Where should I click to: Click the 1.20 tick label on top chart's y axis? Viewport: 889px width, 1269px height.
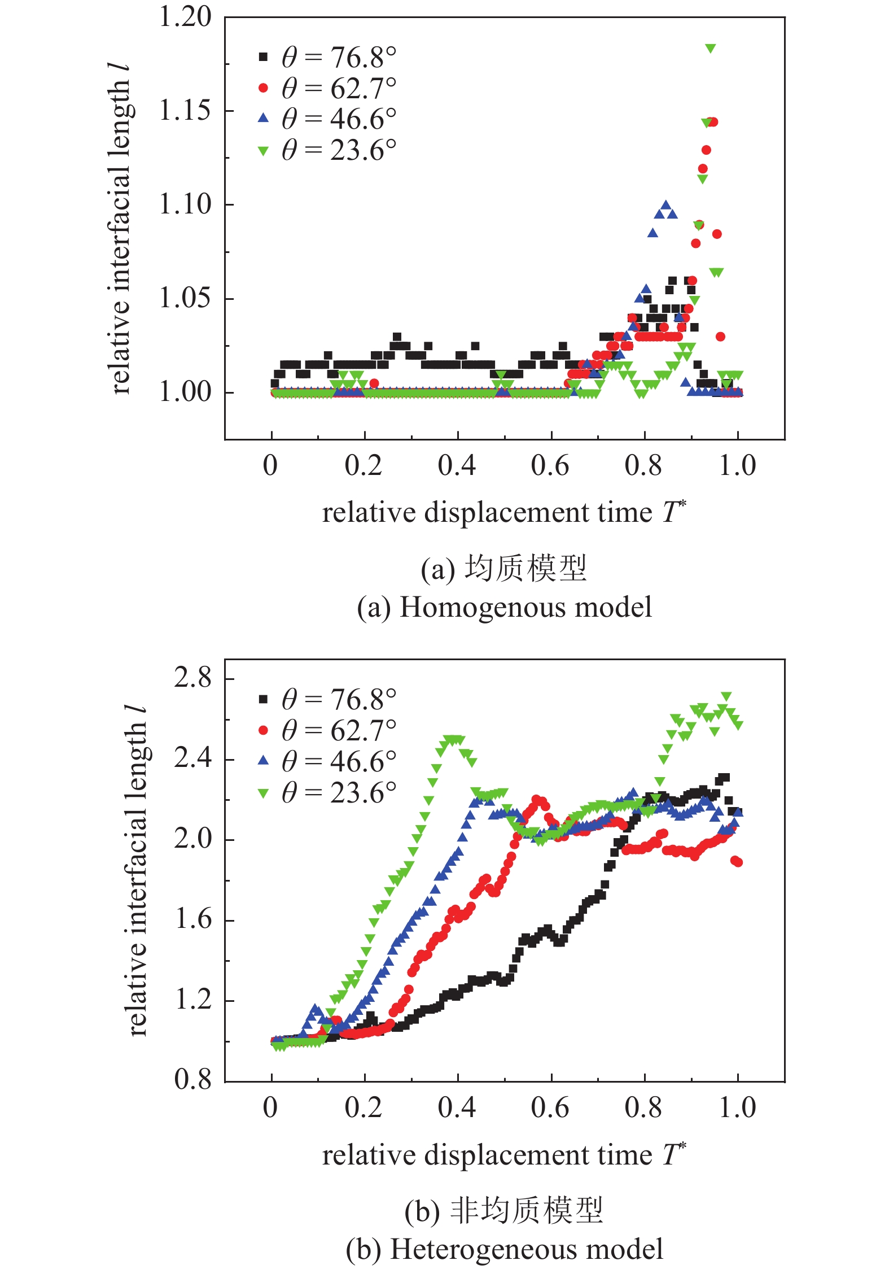tap(185, 17)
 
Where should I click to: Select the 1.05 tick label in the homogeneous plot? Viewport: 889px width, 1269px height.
tap(185, 298)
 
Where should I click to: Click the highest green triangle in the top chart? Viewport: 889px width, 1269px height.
tap(711, 49)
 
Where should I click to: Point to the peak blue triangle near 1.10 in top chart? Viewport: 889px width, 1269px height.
tap(665, 206)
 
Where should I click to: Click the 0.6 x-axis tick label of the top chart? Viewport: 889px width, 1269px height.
tap(550, 466)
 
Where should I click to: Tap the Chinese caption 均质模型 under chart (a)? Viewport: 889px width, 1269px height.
tap(525, 569)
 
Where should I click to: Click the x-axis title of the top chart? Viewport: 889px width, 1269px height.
tap(503, 513)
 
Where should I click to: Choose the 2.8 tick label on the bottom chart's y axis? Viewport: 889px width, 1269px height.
tap(192, 678)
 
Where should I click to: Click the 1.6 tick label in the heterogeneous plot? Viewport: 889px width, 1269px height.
tap(192, 920)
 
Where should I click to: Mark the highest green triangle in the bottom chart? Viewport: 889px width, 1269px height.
tap(726, 696)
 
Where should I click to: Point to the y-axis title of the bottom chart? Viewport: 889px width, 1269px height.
tap(137, 870)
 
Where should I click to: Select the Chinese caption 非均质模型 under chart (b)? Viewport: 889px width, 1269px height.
tap(526, 1211)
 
